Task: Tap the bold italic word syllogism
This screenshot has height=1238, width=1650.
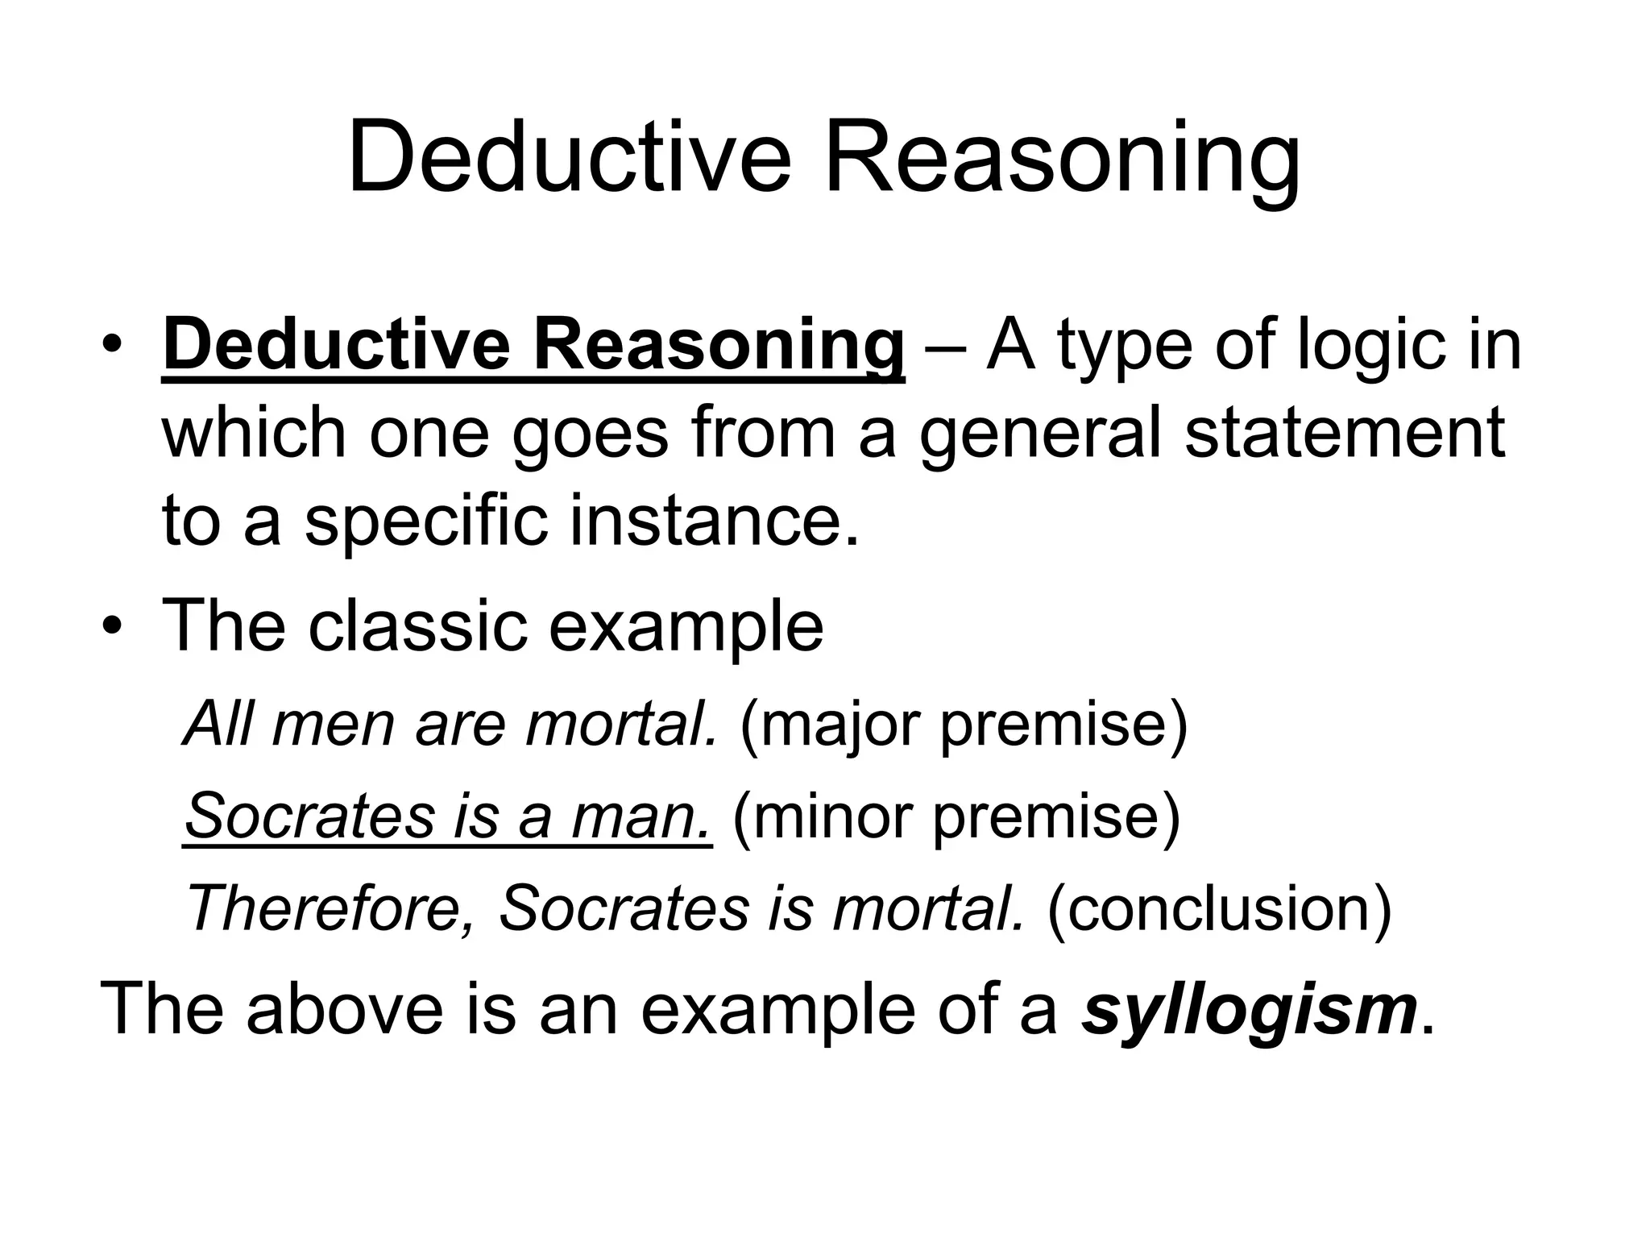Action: tap(1250, 1009)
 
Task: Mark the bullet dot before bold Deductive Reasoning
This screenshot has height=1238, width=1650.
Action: tap(115, 347)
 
